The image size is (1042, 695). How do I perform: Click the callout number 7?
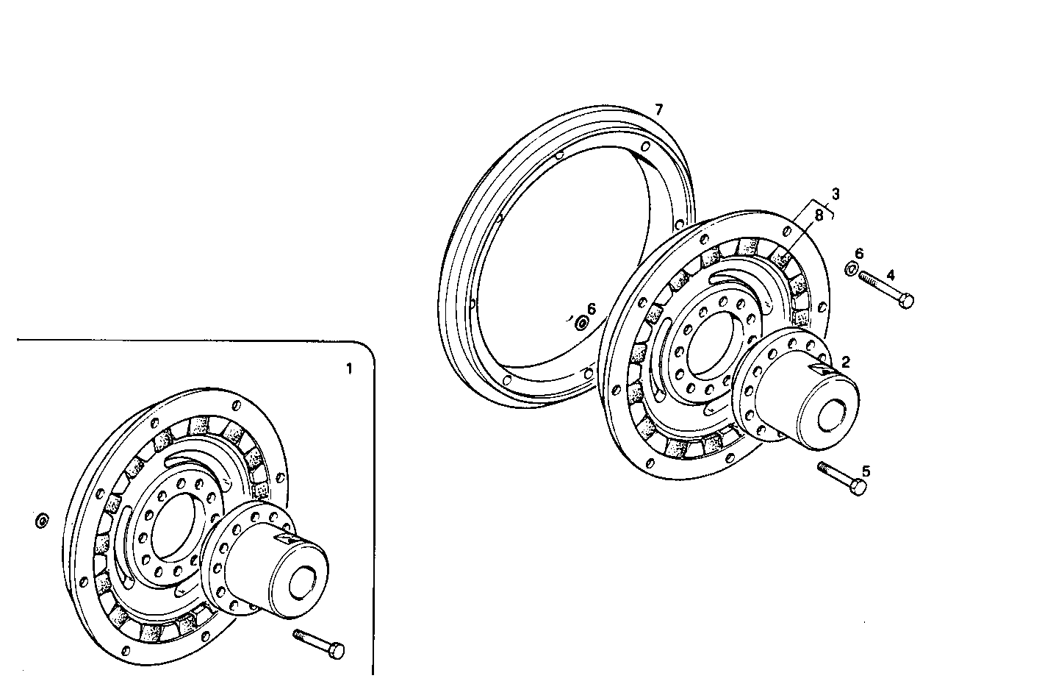(658, 110)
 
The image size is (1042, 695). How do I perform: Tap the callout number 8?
(819, 215)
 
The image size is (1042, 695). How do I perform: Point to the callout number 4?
(890, 275)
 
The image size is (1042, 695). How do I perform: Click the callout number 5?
(866, 470)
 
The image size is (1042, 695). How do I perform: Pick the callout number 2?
(845, 361)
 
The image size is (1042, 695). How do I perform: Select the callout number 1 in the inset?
(349, 368)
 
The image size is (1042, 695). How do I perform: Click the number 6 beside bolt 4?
(858, 254)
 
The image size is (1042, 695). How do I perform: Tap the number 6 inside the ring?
(592, 309)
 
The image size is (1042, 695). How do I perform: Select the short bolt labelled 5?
(842, 478)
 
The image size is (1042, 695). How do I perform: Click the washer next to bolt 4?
(850, 268)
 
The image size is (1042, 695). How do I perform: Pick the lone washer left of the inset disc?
(42, 521)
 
